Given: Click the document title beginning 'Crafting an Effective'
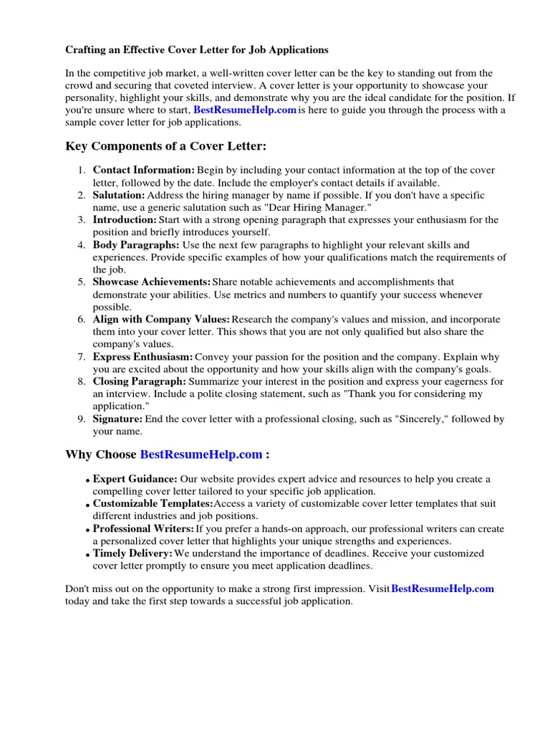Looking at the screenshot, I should [x=197, y=50].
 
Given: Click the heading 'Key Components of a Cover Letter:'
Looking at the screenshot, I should [x=165, y=146].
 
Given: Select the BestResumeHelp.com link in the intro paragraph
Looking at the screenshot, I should [x=245, y=110].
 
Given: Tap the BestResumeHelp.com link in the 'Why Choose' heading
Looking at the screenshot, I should [x=201, y=454].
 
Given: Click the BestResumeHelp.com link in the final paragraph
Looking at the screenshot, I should [x=443, y=588].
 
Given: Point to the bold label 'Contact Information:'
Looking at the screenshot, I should [x=144, y=170].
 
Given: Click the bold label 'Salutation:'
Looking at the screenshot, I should [x=119, y=195].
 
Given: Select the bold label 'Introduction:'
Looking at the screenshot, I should [x=125, y=219].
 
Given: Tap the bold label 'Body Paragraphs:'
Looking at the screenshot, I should [x=136, y=245].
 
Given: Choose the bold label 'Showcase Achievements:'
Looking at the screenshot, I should [x=152, y=282].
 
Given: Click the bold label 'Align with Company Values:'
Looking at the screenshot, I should [x=162, y=319].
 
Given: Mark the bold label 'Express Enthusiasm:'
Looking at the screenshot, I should [x=143, y=357].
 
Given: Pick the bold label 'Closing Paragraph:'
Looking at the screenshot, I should [x=140, y=381].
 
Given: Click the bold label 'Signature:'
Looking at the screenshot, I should [x=117, y=419].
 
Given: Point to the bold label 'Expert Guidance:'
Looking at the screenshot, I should [x=135, y=479].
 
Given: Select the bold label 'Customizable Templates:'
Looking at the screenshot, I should [x=148, y=503].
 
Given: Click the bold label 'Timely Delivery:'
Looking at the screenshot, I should [x=133, y=553].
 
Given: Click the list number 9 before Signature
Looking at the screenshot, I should [x=82, y=419].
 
